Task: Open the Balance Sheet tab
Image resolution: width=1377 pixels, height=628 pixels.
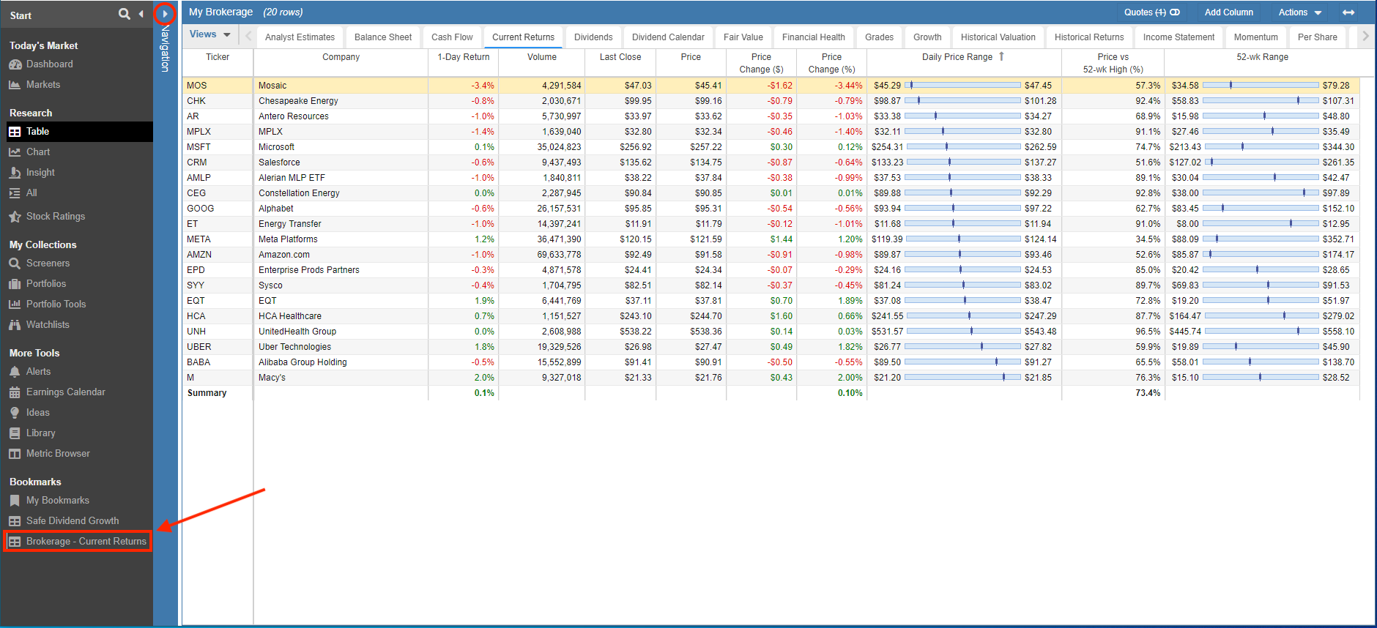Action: [x=383, y=37]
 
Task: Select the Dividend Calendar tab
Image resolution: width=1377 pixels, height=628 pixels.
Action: [x=668, y=37]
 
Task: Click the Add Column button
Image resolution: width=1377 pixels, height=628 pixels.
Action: [x=1229, y=12]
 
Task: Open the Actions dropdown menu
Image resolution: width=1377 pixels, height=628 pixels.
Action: [x=1300, y=12]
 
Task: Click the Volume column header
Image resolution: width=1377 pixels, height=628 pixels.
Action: [x=542, y=57]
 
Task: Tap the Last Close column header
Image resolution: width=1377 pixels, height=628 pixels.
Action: [x=620, y=57]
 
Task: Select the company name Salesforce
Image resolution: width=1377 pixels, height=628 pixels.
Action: [x=279, y=162]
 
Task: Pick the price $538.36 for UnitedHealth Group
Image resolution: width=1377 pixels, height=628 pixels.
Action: [x=705, y=332]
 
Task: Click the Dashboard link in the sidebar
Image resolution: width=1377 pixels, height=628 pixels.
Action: [x=50, y=64]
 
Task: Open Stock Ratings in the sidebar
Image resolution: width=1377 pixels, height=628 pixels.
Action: [x=56, y=217]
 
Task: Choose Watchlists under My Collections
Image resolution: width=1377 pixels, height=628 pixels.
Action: [x=48, y=325]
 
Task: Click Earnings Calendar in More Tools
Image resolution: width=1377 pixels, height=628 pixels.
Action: [x=66, y=392]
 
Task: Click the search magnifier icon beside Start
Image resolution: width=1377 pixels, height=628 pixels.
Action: [x=125, y=14]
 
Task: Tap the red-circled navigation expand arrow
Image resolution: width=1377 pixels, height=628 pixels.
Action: [x=165, y=13]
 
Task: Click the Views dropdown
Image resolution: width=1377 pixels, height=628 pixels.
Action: [x=209, y=34]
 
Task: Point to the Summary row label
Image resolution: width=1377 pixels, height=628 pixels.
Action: [x=207, y=393]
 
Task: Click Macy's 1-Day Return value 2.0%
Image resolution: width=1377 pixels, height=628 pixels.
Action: [x=484, y=378]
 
